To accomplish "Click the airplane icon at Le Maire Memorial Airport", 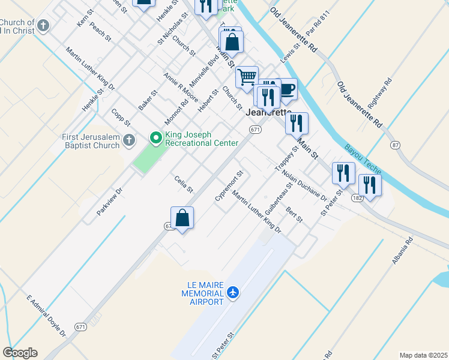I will (233, 293).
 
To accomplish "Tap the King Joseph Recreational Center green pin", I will (156, 139).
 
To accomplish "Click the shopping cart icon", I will (247, 77).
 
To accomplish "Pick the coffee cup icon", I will (286, 89).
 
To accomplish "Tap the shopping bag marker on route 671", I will (182, 218).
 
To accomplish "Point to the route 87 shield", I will (394, 145).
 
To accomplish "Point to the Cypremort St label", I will (229, 186).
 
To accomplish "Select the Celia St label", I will (183, 184).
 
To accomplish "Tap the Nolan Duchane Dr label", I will (304, 185).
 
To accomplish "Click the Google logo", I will (20, 353).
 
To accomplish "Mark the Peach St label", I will (100, 31).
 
